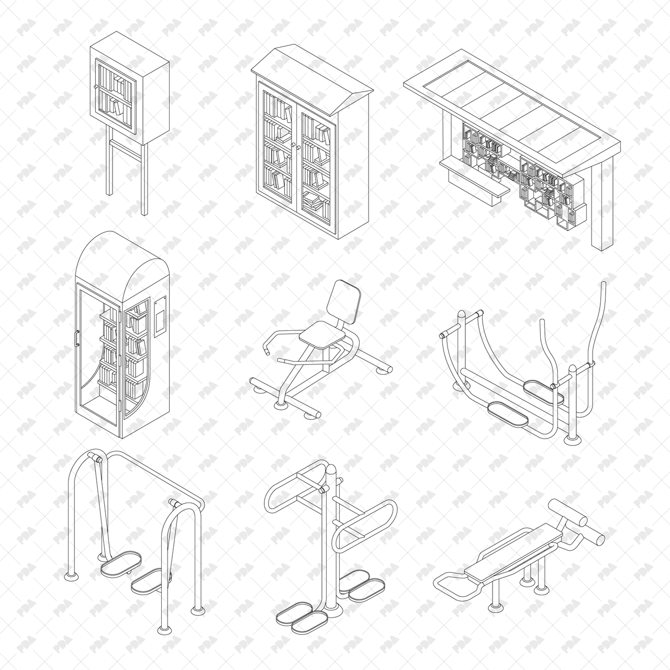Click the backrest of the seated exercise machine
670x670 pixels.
click(342, 301)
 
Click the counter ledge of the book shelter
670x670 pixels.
click(474, 178)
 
